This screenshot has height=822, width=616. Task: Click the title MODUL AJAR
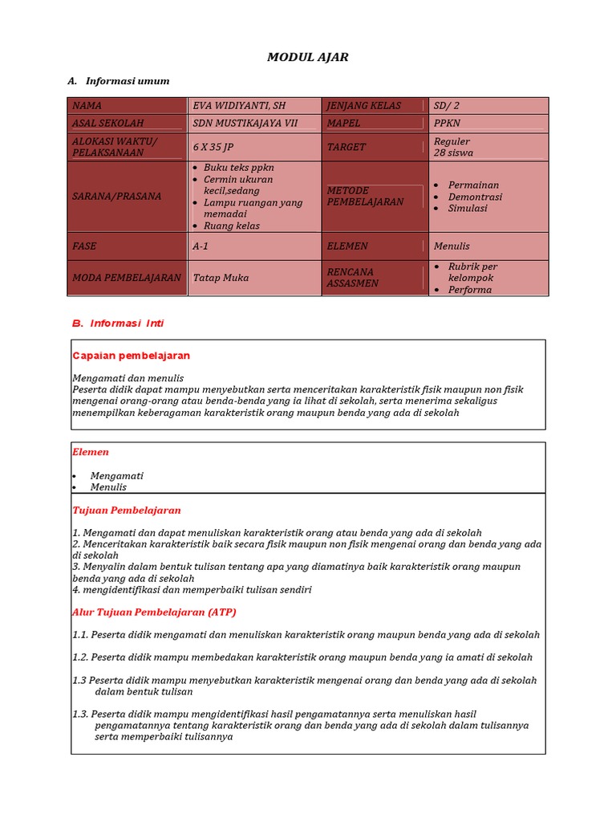pos(307,57)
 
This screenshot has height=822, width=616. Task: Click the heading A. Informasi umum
pos(119,81)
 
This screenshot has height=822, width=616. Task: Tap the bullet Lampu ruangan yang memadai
pos(253,208)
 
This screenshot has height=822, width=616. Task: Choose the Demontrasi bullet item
pos(475,197)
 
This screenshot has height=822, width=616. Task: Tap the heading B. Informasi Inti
pos(118,324)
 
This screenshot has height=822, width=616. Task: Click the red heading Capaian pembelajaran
pos(131,356)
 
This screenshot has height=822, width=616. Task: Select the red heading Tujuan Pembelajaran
pos(126,510)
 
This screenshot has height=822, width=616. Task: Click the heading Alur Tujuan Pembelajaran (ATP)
pos(154,612)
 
